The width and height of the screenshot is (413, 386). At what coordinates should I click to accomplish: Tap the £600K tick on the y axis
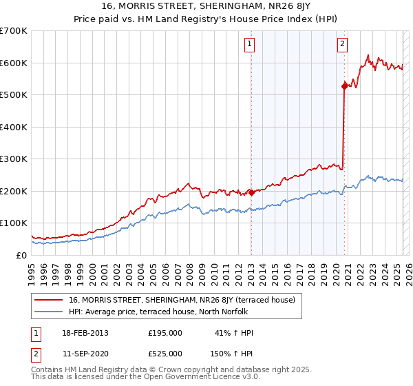pos(14,63)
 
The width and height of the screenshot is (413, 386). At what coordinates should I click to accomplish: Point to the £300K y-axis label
pos(14,159)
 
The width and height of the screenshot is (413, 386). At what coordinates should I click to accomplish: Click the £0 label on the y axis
pos(21,255)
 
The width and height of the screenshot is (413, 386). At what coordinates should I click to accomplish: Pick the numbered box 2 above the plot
pos(342,44)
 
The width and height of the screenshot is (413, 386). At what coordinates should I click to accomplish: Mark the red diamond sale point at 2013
pos(251,192)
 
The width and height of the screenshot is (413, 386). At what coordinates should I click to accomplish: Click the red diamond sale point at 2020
pos(344,86)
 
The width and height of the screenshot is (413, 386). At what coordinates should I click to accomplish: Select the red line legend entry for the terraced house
pos(182,300)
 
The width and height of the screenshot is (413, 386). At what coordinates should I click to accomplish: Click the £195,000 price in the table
pos(165,333)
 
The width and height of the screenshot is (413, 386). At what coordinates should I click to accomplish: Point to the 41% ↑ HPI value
pos(235,333)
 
